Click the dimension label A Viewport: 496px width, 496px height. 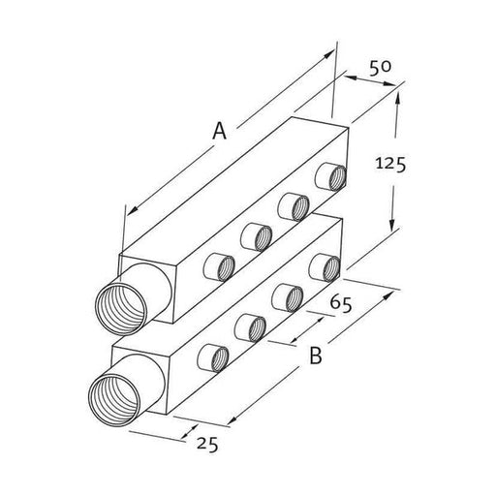point(219,131)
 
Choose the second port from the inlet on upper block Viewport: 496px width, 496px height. point(256,235)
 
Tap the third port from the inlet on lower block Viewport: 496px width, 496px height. point(286,294)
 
